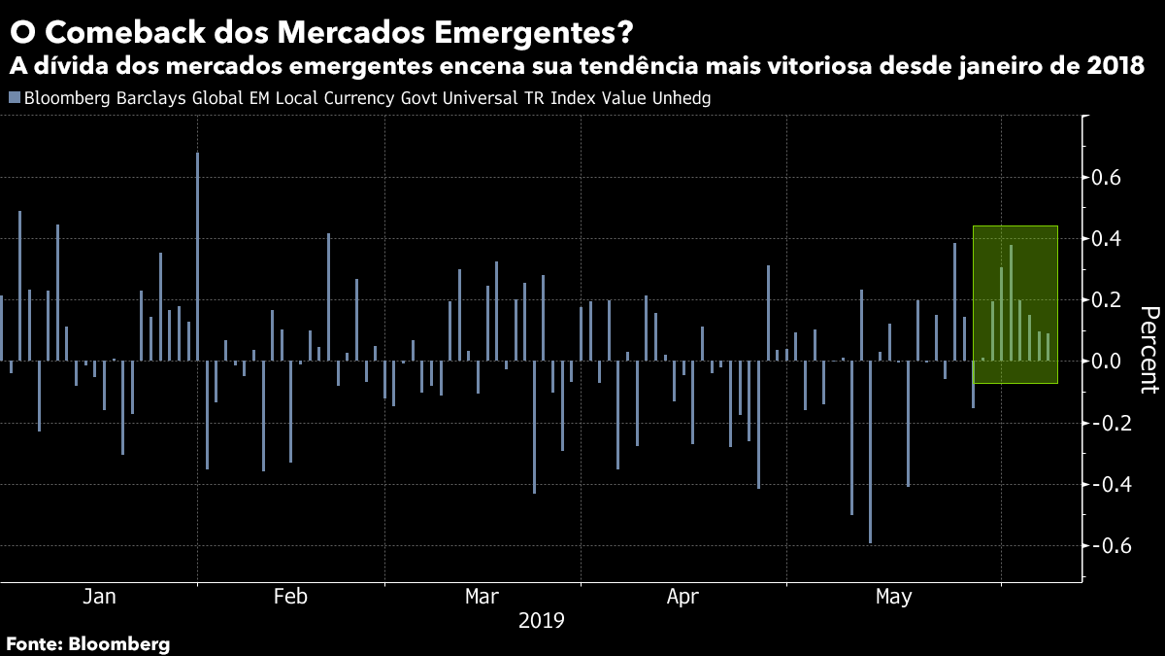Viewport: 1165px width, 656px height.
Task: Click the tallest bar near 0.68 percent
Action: tap(197, 257)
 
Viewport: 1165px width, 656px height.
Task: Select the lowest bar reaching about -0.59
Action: tap(870, 452)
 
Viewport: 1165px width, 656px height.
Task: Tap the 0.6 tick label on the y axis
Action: tap(1108, 178)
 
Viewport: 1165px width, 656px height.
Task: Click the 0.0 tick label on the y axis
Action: tap(1108, 362)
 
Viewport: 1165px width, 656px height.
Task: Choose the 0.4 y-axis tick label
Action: tap(1108, 239)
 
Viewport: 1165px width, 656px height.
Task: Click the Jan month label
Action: tap(100, 596)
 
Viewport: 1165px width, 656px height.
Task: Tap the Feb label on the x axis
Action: tap(291, 596)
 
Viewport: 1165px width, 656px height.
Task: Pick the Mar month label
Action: tap(483, 596)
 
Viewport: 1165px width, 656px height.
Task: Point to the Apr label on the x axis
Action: tap(684, 596)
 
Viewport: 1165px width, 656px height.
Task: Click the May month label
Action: tap(893, 596)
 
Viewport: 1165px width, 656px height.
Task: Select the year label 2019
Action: tap(542, 619)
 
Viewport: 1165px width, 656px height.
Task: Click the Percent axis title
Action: tap(1149, 350)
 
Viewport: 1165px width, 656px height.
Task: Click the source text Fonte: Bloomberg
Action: tap(88, 643)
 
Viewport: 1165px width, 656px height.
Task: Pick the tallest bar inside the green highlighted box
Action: tap(1011, 302)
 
